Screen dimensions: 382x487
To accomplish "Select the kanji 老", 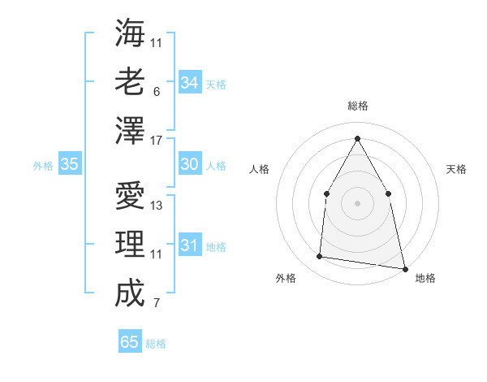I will pos(130,81).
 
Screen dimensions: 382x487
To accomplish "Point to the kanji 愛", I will pos(130,197).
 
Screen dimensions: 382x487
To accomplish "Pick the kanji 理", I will pos(130,244).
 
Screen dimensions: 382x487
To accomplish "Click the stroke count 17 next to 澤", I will pos(157,140).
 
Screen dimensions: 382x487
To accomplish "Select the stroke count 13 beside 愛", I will pos(157,206).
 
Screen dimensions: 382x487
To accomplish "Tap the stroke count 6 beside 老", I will pos(157,92).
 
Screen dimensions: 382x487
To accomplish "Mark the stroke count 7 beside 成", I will pos(157,304).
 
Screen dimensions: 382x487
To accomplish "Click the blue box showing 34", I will pos(189,83).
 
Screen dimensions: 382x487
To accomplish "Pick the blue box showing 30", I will pos(189,164).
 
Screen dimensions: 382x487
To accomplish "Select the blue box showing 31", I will pos(189,245).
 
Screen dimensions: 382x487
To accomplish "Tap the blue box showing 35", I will pos(70,164).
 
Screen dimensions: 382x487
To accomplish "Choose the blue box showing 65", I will pos(130,342).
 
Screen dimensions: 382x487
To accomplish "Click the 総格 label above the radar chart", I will pos(357,106).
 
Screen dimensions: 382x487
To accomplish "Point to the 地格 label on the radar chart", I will pos(425,278).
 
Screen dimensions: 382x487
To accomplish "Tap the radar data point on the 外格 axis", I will pos(320,257).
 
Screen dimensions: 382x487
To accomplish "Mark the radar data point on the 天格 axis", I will pos(388,193).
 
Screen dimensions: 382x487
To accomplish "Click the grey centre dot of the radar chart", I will pos(357,202).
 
